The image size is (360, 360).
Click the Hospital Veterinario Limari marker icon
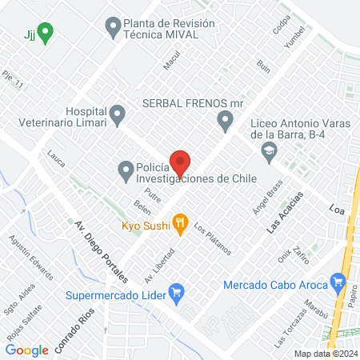point(118,115)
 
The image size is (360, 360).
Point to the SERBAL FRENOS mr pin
point(225,121)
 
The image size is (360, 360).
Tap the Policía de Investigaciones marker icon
point(126,169)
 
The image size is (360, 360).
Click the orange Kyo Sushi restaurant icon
point(181,226)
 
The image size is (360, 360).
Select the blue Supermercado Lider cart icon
point(178,294)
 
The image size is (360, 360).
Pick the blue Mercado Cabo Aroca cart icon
point(340,283)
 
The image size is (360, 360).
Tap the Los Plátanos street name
point(212,238)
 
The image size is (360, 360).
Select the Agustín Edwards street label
point(30,256)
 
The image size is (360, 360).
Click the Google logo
point(26,350)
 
